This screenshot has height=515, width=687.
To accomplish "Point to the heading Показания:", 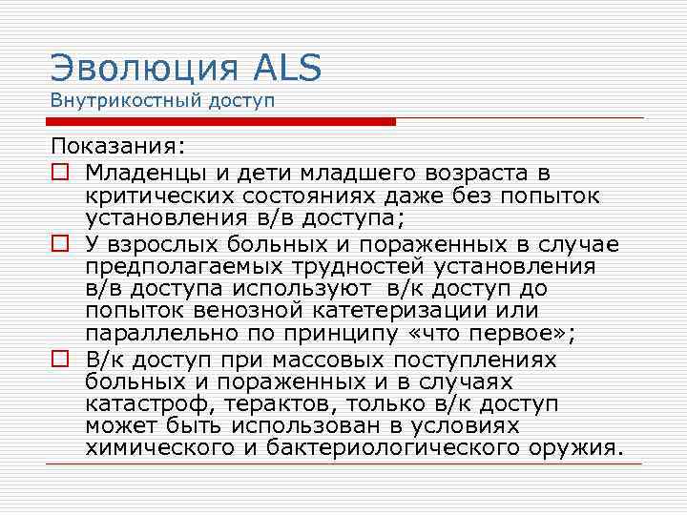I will pos(119,148).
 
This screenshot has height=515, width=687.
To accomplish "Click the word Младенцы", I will pos(142,172).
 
